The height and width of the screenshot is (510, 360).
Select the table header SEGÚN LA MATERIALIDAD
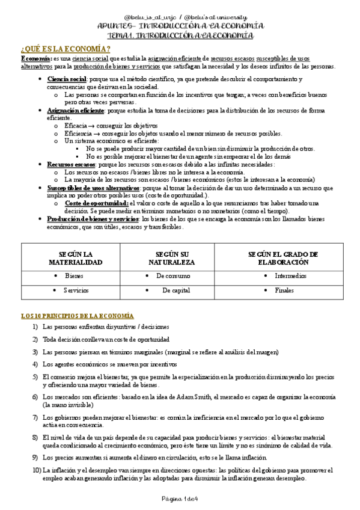(x=76, y=258)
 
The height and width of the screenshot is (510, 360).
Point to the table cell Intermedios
(x=290, y=276)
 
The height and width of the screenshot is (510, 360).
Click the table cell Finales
(x=284, y=290)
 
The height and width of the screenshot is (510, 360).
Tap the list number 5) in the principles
(x=35, y=376)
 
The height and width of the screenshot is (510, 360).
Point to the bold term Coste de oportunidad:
(x=99, y=203)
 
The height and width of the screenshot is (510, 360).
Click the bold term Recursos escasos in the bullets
(x=71, y=164)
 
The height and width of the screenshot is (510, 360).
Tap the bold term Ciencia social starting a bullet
(x=67, y=79)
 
